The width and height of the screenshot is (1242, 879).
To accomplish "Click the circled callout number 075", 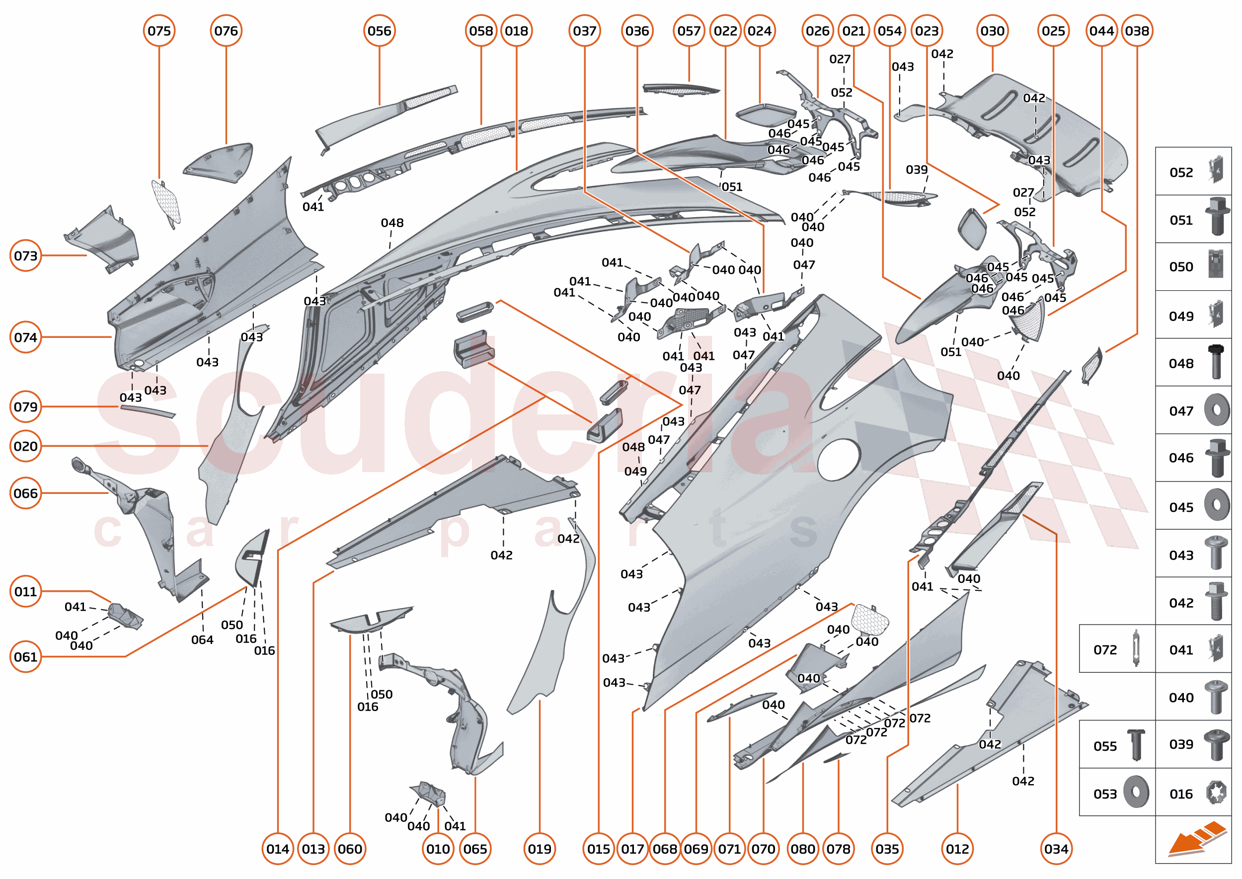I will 159,31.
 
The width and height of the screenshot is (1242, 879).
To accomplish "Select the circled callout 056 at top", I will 379,31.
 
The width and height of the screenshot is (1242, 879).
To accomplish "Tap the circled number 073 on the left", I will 25,255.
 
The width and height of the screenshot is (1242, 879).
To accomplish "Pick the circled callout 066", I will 25,493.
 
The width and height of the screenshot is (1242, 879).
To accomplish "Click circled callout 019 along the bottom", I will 540,849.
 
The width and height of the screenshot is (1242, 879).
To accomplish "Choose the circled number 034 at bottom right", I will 1056,849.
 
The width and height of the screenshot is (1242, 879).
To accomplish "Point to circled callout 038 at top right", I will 1137,31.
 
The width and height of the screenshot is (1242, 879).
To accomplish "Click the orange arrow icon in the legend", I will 1196,839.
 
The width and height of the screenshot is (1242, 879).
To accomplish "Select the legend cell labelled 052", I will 1193,171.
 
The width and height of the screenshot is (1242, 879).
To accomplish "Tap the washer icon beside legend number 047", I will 1216,410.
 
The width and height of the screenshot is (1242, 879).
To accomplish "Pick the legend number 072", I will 1104,649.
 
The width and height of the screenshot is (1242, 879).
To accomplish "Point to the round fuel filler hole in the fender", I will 838,460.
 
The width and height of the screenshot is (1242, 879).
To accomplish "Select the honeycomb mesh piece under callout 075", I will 166,201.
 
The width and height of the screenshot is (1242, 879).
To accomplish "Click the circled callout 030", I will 992,31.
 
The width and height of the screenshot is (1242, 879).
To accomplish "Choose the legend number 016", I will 1181,794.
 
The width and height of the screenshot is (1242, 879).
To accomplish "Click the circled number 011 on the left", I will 25,591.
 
